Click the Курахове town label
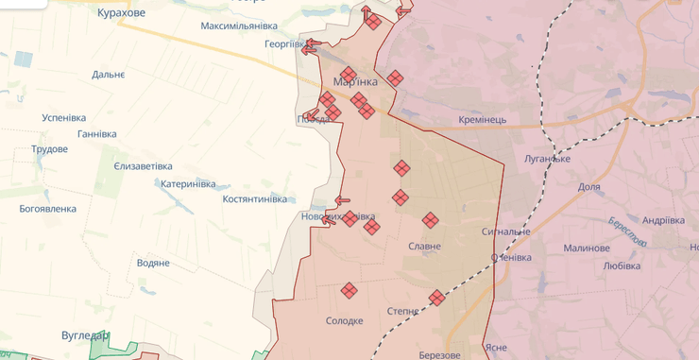coord(121,13)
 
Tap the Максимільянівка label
coord(239,26)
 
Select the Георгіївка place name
coord(283,44)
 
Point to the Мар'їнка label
coord(355,82)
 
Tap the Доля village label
coord(588,187)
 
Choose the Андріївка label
coord(663,220)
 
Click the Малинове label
coord(586,249)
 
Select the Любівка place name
coord(621,266)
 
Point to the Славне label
coord(424,247)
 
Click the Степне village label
coord(403,311)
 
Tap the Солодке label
coord(344,320)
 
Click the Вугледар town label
coord(85,335)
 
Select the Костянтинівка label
coord(254,199)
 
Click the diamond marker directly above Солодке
coord(349,290)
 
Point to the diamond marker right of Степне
coord(436,298)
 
